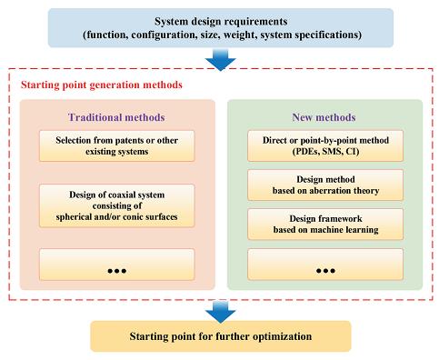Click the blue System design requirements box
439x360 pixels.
pos(221,27)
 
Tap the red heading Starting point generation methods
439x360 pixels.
pos(102,85)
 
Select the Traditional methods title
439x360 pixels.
pos(116,117)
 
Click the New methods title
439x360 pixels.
pos(324,117)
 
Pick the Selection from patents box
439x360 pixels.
pos(116,145)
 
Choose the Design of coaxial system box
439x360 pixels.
pos(116,205)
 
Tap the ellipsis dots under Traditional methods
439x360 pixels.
pos(117,271)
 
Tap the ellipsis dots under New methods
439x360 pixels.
pos(325,271)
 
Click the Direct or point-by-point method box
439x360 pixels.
pos(325,145)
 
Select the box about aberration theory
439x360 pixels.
pos(325,185)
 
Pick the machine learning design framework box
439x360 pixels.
pos(325,224)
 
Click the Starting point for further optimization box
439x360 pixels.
pos(221,336)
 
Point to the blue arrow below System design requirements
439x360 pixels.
pos(221,60)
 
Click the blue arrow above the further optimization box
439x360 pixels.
pos(221,312)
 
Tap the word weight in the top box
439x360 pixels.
pos(241,35)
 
